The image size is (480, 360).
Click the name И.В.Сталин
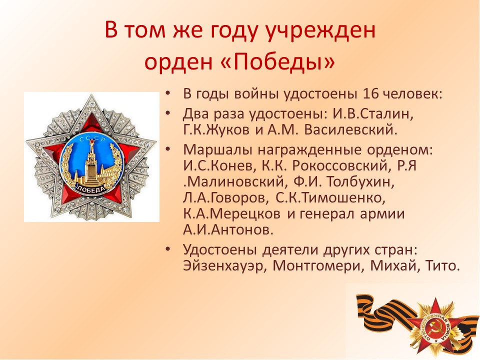pyautogui.click(x=373, y=114)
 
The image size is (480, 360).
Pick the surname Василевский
pyautogui.click(x=350, y=130)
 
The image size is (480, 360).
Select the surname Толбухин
pyautogui.click(x=360, y=182)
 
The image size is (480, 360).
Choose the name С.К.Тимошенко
pyautogui.click(x=330, y=198)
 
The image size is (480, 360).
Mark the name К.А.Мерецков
pyautogui.click(x=231, y=213)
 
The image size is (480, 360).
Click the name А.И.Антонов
pyautogui.click(x=228, y=229)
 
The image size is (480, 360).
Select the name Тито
pyautogui.click(x=442, y=265)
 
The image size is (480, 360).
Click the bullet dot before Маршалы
pyautogui.click(x=167, y=149)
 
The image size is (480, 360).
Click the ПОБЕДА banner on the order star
pyautogui.click(x=90, y=188)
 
